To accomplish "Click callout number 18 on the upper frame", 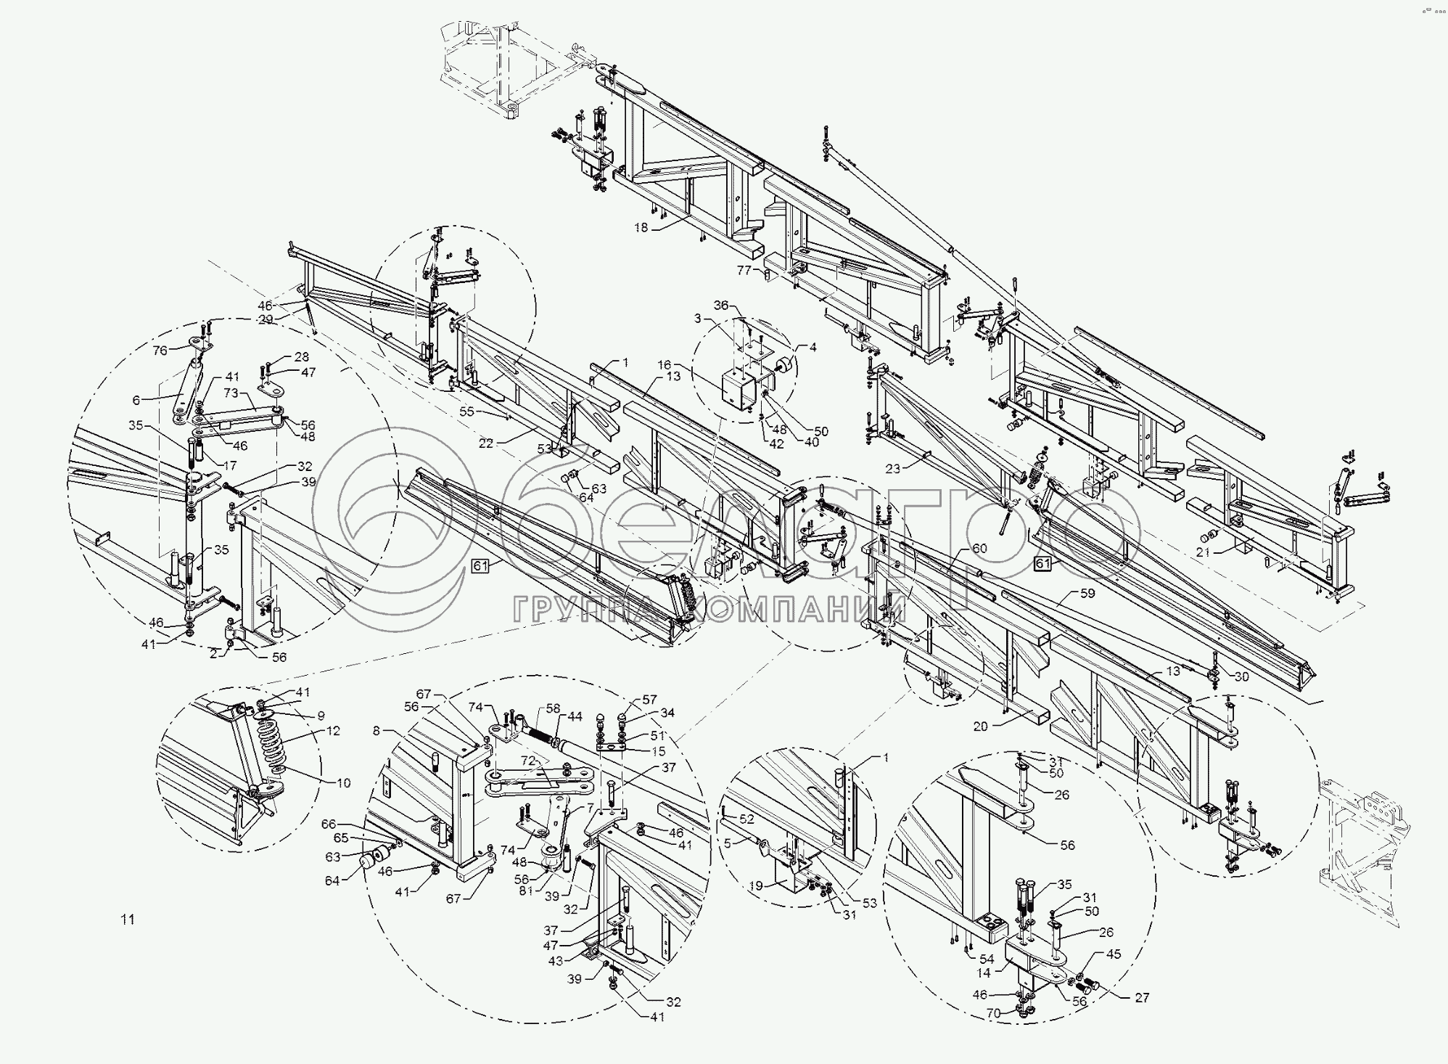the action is (641, 227).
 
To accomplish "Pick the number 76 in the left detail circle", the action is (160, 350).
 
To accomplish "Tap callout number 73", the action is (230, 393).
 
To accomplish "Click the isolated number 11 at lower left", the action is (128, 920).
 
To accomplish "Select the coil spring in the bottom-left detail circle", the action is (273, 748).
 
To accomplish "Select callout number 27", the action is (1142, 998).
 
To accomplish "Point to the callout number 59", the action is (1087, 593).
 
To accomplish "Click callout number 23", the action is (892, 469).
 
